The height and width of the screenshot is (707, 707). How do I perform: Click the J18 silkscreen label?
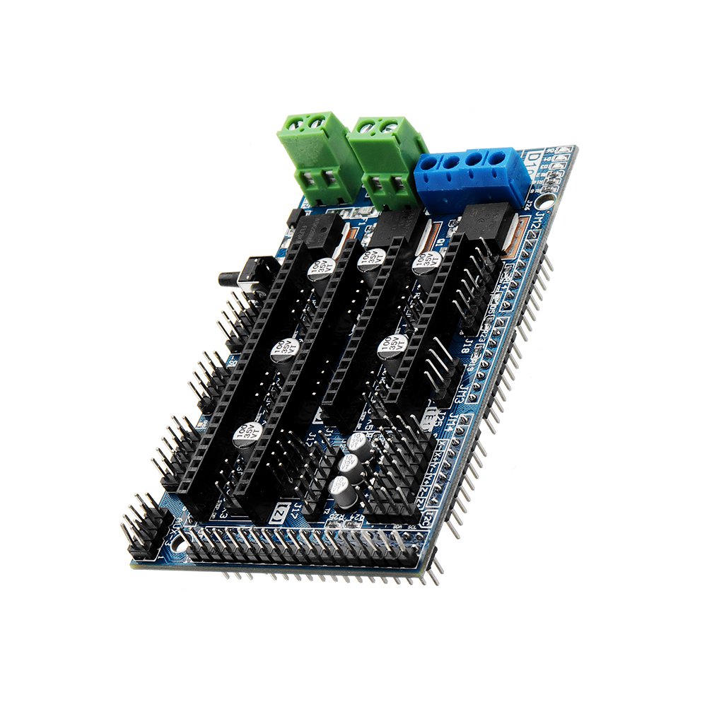[x=469, y=346]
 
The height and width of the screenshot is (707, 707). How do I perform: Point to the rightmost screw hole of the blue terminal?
[x=500, y=156]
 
